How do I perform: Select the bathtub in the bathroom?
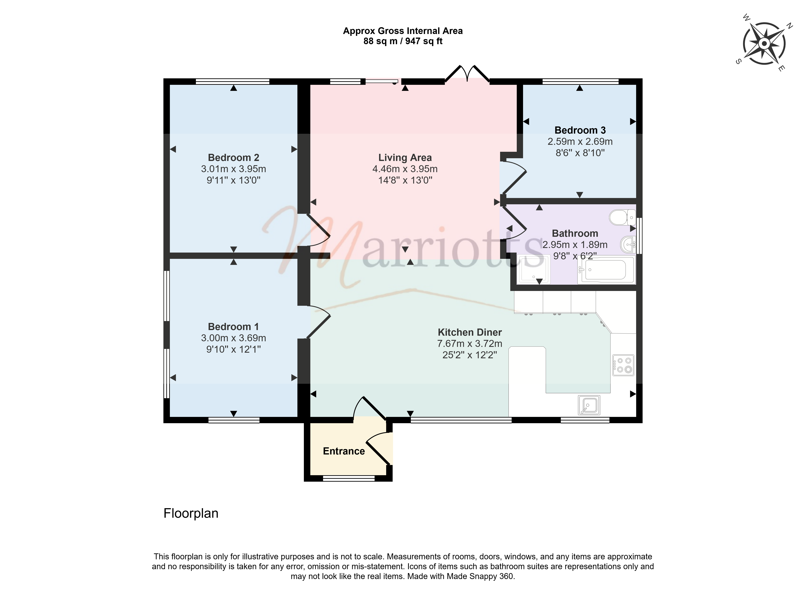click(x=606, y=270)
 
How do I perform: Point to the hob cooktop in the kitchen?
click(x=623, y=365)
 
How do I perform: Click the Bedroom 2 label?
click(x=233, y=158)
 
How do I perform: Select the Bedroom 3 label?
click(x=580, y=130)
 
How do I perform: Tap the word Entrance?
click(x=344, y=451)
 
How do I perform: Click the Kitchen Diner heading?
click(x=470, y=332)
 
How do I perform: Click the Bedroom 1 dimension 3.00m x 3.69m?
click(x=233, y=338)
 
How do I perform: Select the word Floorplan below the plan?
click(x=191, y=513)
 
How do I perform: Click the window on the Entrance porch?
click(x=349, y=479)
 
